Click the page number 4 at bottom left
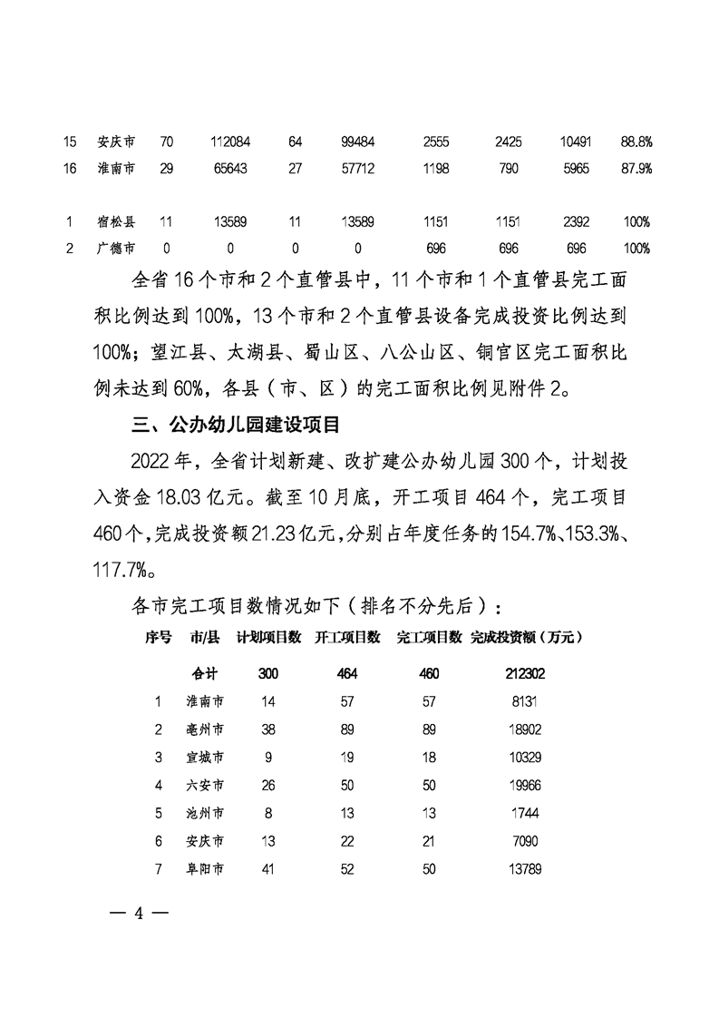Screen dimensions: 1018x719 point(139,913)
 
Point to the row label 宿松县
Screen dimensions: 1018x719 point(115,221)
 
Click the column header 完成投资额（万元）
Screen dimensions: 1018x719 point(526,637)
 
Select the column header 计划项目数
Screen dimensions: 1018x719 point(268,637)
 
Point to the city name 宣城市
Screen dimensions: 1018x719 point(205,757)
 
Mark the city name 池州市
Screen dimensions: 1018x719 point(205,813)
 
